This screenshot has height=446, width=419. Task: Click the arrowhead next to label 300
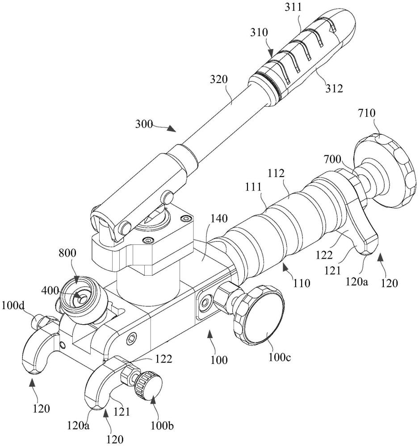(x=172, y=128)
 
